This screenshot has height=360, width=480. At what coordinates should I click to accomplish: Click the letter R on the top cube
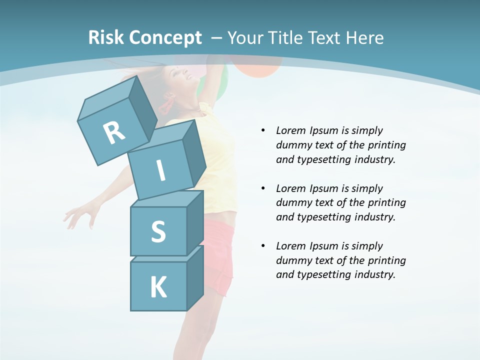click(x=114, y=132)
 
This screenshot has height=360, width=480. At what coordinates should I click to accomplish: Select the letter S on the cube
click(x=158, y=232)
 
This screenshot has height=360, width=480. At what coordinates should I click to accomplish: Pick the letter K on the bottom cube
click(x=158, y=287)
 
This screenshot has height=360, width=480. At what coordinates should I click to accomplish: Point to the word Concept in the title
click(x=165, y=38)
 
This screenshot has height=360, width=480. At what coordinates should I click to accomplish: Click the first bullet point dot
click(x=263, y=130)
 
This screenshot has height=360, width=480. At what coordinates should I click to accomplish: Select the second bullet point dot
click(x=263, y=188)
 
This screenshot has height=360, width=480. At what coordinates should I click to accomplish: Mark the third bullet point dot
click(x=263, y=246)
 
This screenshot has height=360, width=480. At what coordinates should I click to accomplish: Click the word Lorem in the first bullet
click(x=290, y=130)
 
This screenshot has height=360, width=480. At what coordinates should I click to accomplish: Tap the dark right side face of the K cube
click(x=194, y=277)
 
